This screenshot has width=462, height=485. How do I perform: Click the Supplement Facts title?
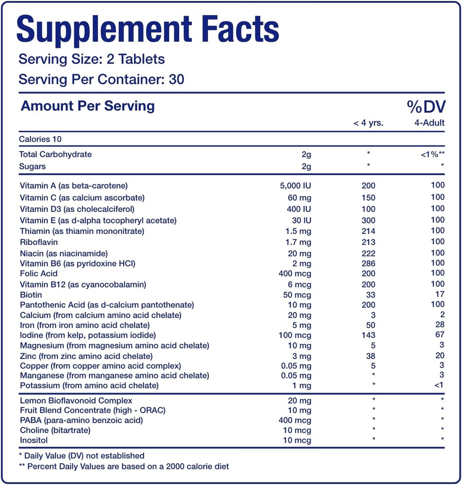pos(148,29)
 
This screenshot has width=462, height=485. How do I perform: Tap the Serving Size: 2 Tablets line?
pos(92,59)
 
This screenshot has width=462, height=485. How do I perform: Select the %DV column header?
pos(426,107)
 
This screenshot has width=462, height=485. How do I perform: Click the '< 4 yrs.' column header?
pos(368,123)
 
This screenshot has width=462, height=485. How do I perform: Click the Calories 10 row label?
pos(40,139)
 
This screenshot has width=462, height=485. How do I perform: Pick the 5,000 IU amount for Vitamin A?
pos(296,186)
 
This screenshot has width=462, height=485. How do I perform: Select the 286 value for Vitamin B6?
pos(368,263)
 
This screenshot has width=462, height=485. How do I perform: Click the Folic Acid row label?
pos(39,273)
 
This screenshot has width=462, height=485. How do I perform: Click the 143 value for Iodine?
pos(368,335)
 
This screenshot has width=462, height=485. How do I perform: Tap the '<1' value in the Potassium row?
pos(439,385)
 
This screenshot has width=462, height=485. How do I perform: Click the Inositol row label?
pos(34,440)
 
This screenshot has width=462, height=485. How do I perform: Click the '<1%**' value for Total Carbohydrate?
pos(432,154)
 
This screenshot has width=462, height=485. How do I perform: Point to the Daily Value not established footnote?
pos(81,456)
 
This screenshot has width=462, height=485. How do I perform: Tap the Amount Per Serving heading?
pos(87,106)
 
